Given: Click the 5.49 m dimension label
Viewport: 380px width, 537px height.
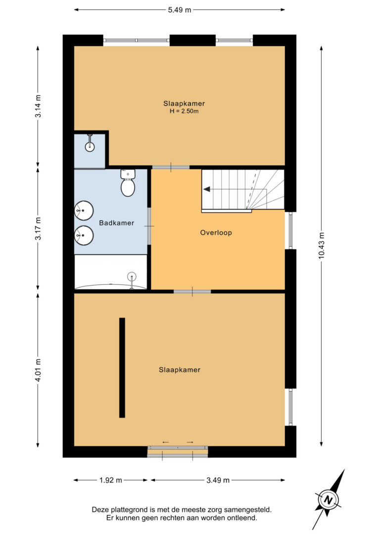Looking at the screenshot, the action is point(179,10).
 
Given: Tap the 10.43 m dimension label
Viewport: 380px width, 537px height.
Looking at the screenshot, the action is point(322,246).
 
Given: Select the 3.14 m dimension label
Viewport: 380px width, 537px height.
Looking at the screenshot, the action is point(38,106).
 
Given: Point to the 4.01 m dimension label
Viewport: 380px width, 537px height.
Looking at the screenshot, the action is point(38,370).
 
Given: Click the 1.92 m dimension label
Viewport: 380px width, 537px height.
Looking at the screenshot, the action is point(111,480).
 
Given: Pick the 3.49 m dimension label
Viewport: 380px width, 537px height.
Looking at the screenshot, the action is point(218,480).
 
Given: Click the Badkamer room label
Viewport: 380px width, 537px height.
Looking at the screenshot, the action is point(116,223).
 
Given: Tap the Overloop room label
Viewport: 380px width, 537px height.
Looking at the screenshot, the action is point(216,233).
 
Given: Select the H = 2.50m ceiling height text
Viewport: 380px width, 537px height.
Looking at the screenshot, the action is point(184,111).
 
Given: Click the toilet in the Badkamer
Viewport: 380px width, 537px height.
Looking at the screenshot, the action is point(128,183).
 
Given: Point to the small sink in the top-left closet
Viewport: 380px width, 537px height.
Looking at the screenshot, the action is point(90,144).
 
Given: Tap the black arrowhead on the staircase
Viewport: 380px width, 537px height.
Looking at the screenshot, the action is point(207,189).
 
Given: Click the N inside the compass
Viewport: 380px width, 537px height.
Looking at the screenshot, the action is point(329,500).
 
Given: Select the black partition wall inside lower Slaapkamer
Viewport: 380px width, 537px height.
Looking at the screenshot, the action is point(122,368).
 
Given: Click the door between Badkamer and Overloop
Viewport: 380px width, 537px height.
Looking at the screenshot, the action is point(149,226).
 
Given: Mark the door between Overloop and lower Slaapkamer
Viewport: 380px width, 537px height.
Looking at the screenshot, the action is point(192,291).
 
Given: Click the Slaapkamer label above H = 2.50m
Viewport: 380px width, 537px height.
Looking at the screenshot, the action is point(184,103).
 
